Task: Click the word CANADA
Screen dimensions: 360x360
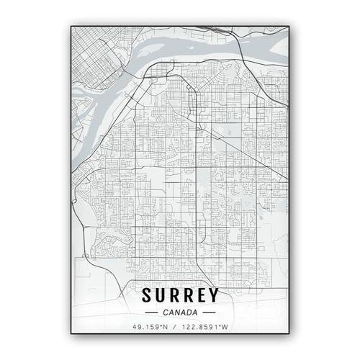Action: coord(180,312)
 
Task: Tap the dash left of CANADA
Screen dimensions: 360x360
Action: coord(151,313)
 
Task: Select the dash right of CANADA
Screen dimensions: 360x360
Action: coord(209,313)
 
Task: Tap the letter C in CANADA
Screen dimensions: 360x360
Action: coord(166,312)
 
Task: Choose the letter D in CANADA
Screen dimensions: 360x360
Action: coord(189,312)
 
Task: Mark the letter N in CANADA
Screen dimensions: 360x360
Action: coord(177,312)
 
